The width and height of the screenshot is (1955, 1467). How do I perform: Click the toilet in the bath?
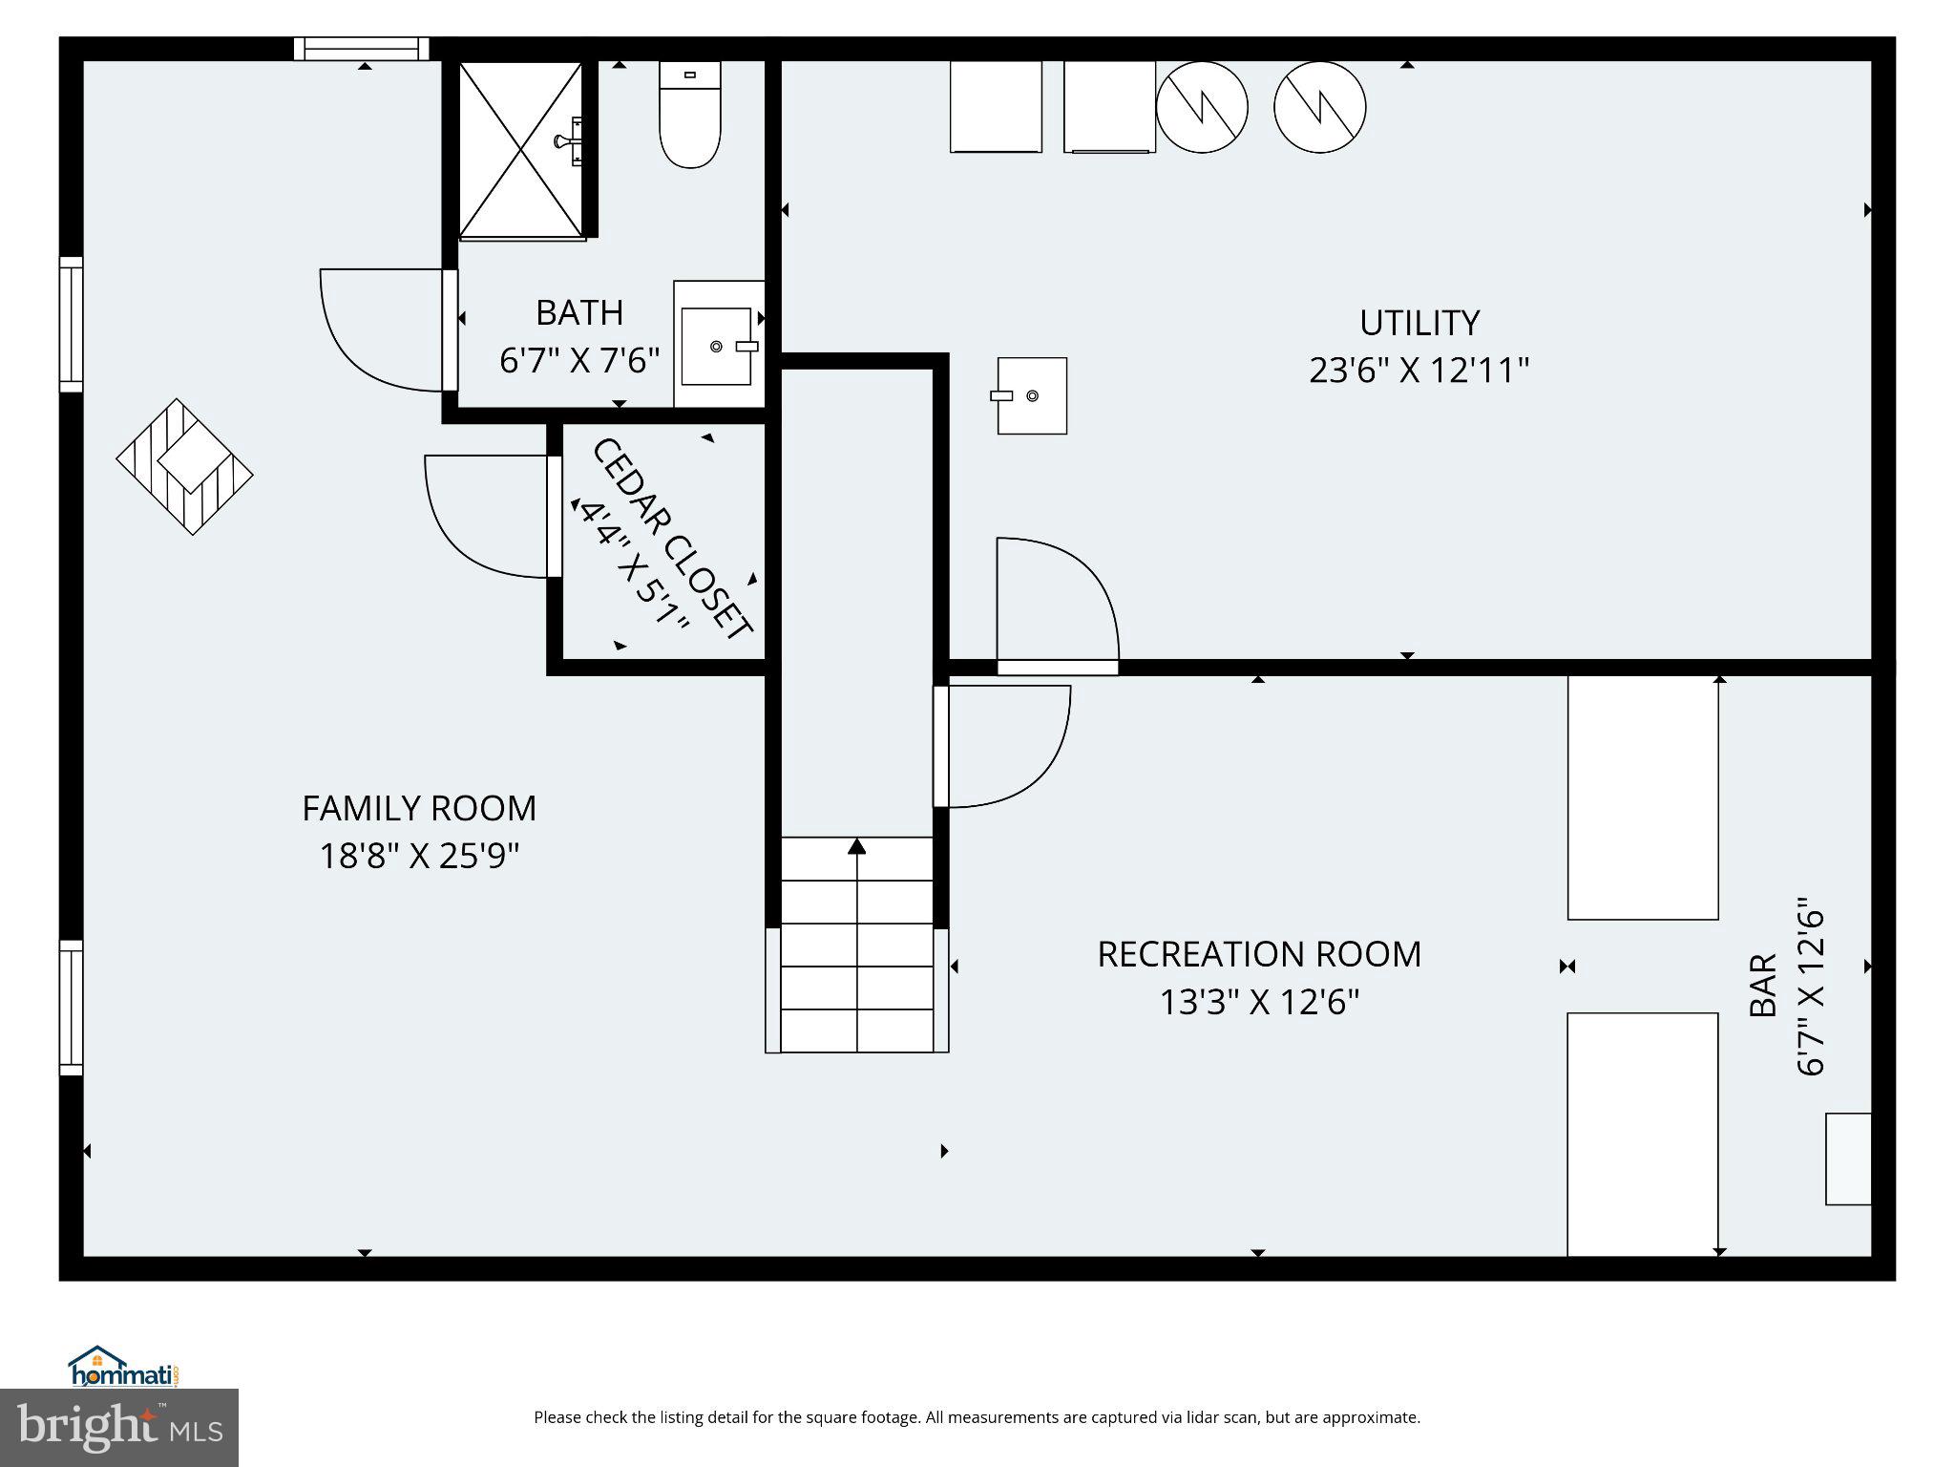coord(689,117)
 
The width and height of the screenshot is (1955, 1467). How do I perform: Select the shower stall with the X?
coord(521,150)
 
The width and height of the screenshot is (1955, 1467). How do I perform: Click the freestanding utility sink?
coord(1032,395)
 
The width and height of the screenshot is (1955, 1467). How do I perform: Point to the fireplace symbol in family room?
coord(185,466)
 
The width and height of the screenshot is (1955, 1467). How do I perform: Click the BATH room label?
coord(578,312)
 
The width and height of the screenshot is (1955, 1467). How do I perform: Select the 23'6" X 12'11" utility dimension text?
coord(1419,371)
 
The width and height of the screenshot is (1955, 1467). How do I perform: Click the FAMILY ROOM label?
coord(419,809)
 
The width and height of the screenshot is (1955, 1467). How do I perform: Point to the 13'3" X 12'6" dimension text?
coord(1258,1002)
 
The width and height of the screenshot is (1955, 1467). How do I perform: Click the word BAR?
coord(1762,985)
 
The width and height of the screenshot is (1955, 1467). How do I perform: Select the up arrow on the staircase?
coord(857,846)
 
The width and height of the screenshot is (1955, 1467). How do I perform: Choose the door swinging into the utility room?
coord(1055,600)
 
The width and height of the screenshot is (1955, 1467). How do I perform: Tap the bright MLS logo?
coord(119,1428)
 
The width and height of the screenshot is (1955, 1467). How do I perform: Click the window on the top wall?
coord(361,49)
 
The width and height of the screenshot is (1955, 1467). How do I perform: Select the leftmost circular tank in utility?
coord(1202,107)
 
